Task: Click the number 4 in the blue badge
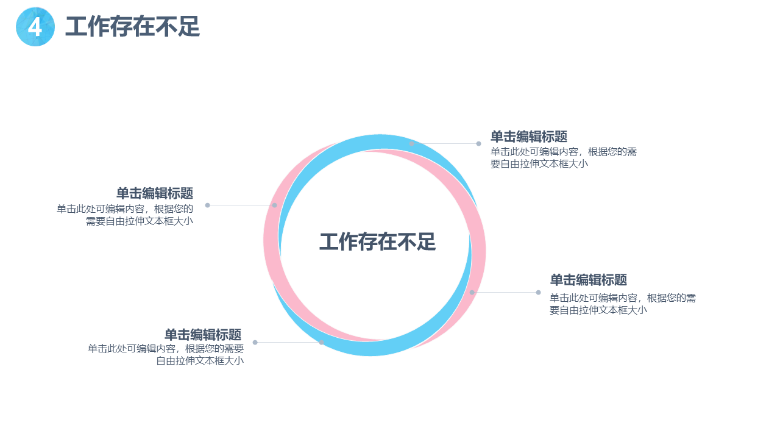[35, 27]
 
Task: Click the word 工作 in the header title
[87, 26]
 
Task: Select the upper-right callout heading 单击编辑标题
[529, 137]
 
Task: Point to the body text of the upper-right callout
[564, 157]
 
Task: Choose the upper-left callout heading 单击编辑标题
[155, 193]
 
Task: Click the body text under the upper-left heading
[125, 215]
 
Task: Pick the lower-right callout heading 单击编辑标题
[589, 280]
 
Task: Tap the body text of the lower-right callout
[623, 304]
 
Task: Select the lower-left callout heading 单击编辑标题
[203, 335]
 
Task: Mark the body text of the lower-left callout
[166, 354]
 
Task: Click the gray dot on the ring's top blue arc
[411, 143]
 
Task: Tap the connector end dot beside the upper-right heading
[479, 143]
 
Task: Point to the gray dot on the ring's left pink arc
[275, 205]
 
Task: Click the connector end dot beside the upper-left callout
[208, 205]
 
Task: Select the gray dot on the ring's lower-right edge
[472, 292]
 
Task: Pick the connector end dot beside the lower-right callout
[538, 292]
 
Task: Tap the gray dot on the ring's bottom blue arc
[321, 343]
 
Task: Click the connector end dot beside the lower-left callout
[255, 343]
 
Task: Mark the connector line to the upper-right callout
[445, 143]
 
